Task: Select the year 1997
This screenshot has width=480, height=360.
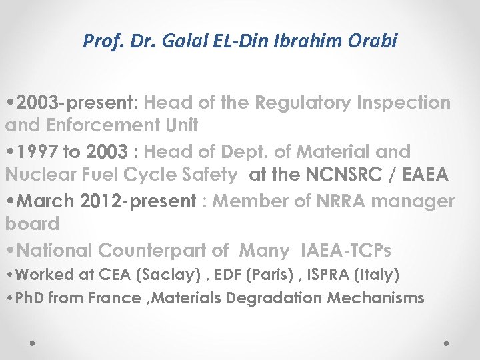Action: pos(37,152)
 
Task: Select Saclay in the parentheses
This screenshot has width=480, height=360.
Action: pos(151,274)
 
